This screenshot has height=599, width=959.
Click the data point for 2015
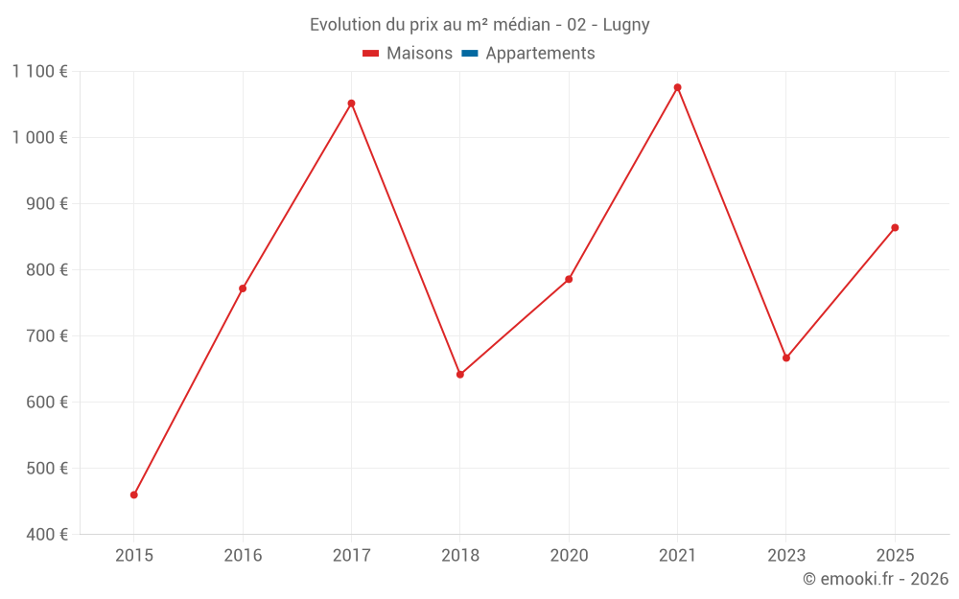point(134,495)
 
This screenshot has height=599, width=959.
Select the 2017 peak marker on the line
point(351,104)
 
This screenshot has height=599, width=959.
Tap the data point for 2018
point(460,375)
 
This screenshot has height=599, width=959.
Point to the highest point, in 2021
point(677,87)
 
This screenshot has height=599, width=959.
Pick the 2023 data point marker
point(786,357)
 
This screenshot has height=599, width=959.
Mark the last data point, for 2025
point(895,227)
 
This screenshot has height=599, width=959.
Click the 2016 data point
point(243,288)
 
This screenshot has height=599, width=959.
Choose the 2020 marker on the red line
point(569,279)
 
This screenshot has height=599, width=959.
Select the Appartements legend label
point(540,54)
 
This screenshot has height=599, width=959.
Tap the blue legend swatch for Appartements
point(469,54)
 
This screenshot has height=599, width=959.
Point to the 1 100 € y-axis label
point(39,71)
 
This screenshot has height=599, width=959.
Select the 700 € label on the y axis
point(45,336)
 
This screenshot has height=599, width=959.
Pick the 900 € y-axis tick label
point(45,204)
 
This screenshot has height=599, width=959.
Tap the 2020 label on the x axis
point(569,556)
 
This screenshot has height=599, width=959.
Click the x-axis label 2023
point(786,556)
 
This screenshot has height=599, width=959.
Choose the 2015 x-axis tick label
point(134,556)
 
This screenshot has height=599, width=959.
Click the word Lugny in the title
point(626,25)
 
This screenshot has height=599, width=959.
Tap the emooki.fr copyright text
point(876,579)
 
